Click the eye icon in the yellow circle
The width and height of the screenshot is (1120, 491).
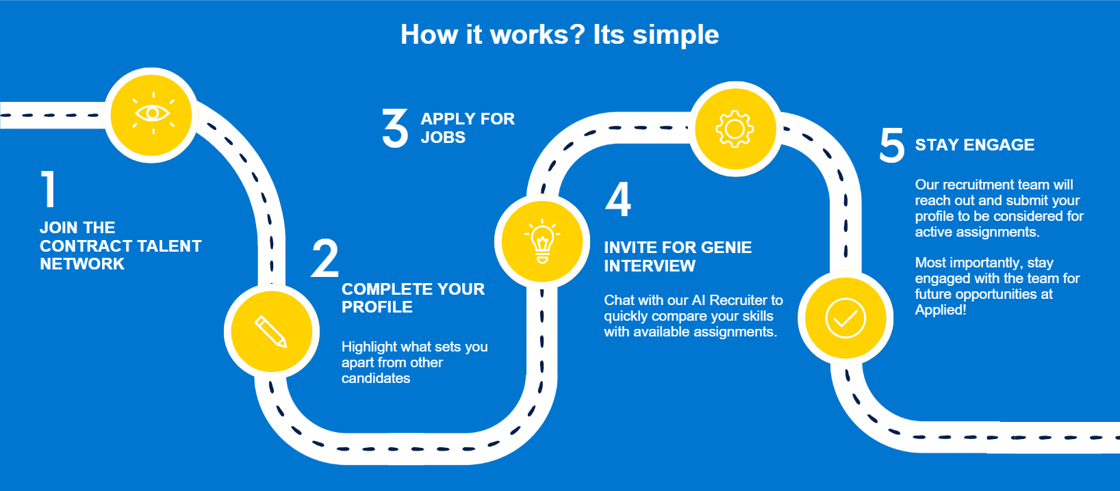(153, 114)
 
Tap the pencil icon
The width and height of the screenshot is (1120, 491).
(271, 332)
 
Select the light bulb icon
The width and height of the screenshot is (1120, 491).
(542, 241)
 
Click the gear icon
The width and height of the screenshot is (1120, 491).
(735, 129)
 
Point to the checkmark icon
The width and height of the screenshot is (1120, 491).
(845, 318)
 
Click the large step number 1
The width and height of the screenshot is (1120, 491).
(48, 189)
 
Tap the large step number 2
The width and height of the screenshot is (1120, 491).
(324, 258)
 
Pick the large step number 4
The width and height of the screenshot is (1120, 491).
(618, 199)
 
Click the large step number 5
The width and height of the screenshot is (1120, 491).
(891, 145)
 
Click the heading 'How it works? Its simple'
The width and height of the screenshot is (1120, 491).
(559, 34)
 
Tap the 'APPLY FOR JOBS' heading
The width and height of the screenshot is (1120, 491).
(467, 128)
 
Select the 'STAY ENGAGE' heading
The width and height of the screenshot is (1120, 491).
(974, 145)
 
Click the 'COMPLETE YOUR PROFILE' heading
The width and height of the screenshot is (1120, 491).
(413, 298)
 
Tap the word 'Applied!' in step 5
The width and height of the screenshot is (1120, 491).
(940, 310)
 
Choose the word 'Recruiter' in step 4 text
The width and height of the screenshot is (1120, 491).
(738, 300)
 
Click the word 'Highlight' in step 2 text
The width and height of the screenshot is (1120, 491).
(370, 347)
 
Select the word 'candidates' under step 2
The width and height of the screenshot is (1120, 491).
(375, 378)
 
